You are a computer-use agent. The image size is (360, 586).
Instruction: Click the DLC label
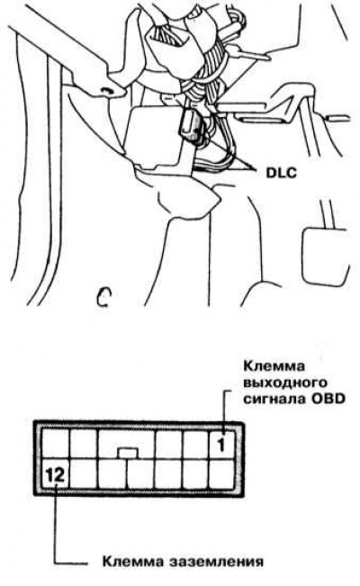(281, 172)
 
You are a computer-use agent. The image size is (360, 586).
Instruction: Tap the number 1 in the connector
(221, 445)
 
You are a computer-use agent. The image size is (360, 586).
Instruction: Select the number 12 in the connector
(55, 474)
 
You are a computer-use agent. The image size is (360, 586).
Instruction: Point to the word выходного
(285, 383)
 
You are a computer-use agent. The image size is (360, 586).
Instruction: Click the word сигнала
(274, 399)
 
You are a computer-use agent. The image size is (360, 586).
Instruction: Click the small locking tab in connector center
(128, 453)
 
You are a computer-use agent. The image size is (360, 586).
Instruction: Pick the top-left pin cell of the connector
(55, 444)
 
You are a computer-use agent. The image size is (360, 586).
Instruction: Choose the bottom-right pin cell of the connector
(221, 473)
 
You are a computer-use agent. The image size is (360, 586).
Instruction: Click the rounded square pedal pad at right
(326, 256)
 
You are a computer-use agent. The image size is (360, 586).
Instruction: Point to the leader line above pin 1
(225, 412)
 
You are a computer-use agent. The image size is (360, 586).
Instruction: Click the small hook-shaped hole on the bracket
(108, 91)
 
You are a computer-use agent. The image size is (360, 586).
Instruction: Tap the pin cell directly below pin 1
(221, 473)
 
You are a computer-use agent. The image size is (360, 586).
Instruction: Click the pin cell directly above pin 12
(55, 444)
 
